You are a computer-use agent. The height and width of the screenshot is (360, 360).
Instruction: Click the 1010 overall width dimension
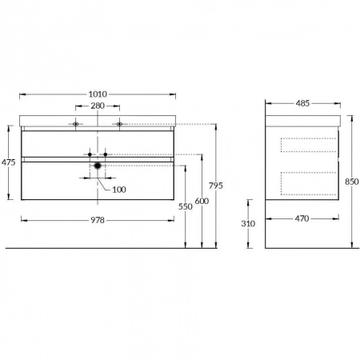point(98,94)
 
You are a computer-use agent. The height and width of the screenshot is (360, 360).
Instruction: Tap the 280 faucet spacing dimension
point(98,106)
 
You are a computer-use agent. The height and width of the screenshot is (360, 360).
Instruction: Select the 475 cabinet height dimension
point(9,162)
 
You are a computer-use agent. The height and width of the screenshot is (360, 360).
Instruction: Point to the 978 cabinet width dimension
point(98,220)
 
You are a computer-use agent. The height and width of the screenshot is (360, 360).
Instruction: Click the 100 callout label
point(119,190)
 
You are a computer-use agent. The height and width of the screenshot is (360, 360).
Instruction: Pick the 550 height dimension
point(186,206)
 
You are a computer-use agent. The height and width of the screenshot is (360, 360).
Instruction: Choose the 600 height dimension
point(202,201)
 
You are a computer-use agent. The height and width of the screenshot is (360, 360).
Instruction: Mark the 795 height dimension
point(216,186)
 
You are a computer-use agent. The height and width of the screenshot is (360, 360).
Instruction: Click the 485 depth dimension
point(302,103)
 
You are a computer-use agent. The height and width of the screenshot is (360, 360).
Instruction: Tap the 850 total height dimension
point(352,182)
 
